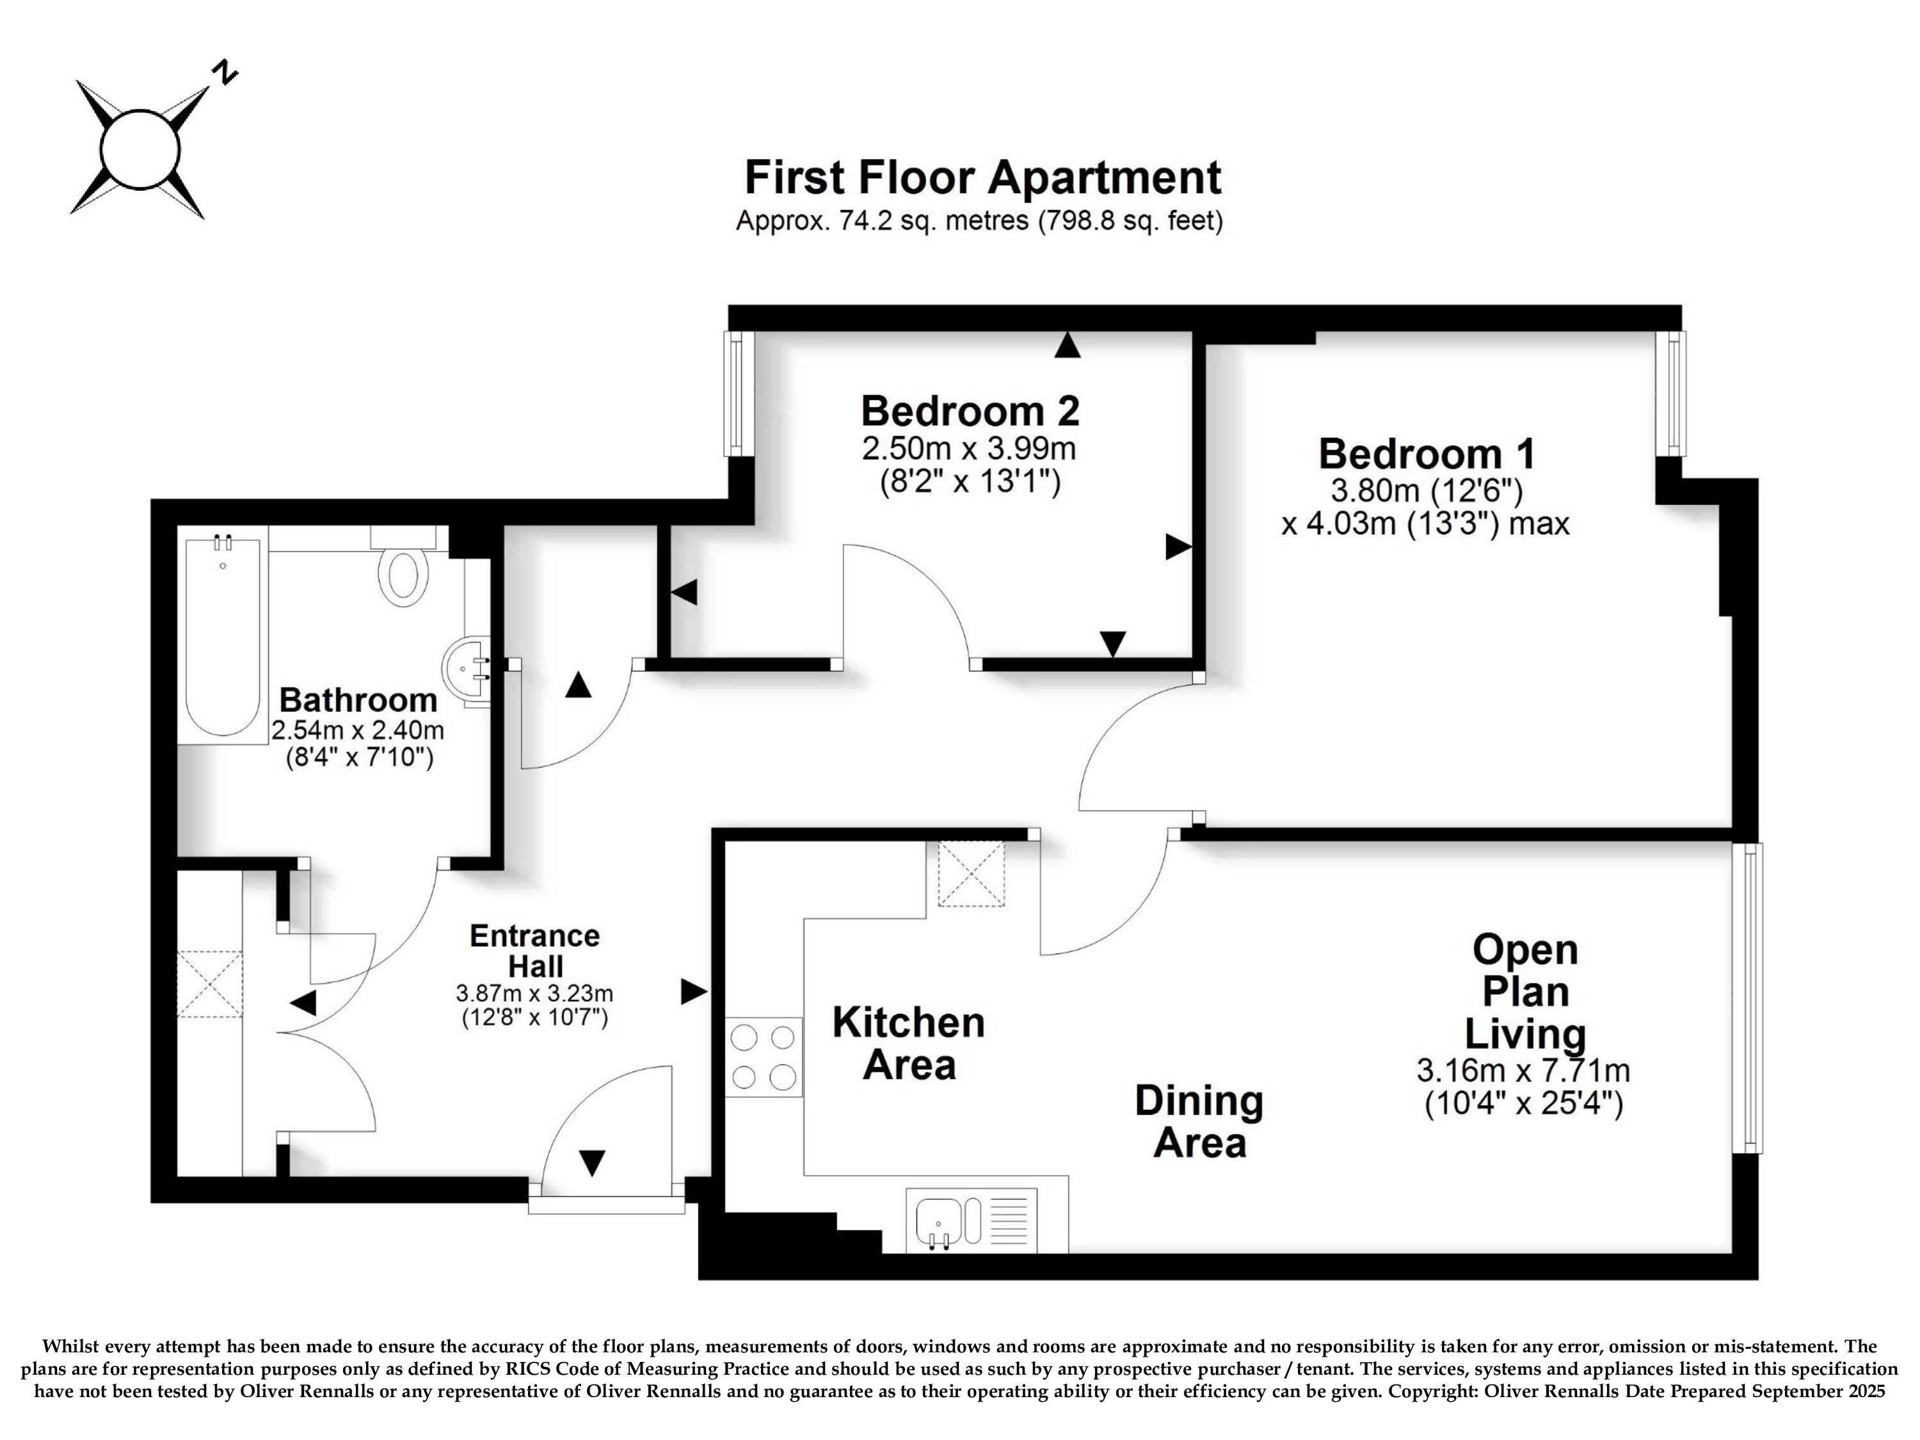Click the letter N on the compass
(x=227, y=72)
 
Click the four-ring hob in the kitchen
(x=764, y=1057)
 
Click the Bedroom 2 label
(x=970, y=411)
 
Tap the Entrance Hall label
(x=534, y=950)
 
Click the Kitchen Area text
(x=909, y=1043)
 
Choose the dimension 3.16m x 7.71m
(x=1523, y=1070)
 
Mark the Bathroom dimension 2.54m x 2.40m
(x=358, y=729)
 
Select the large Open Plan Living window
(x=1747, y=998)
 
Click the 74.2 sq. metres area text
(x=886, y=221)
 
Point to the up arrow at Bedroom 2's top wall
(x=1068, y=346)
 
